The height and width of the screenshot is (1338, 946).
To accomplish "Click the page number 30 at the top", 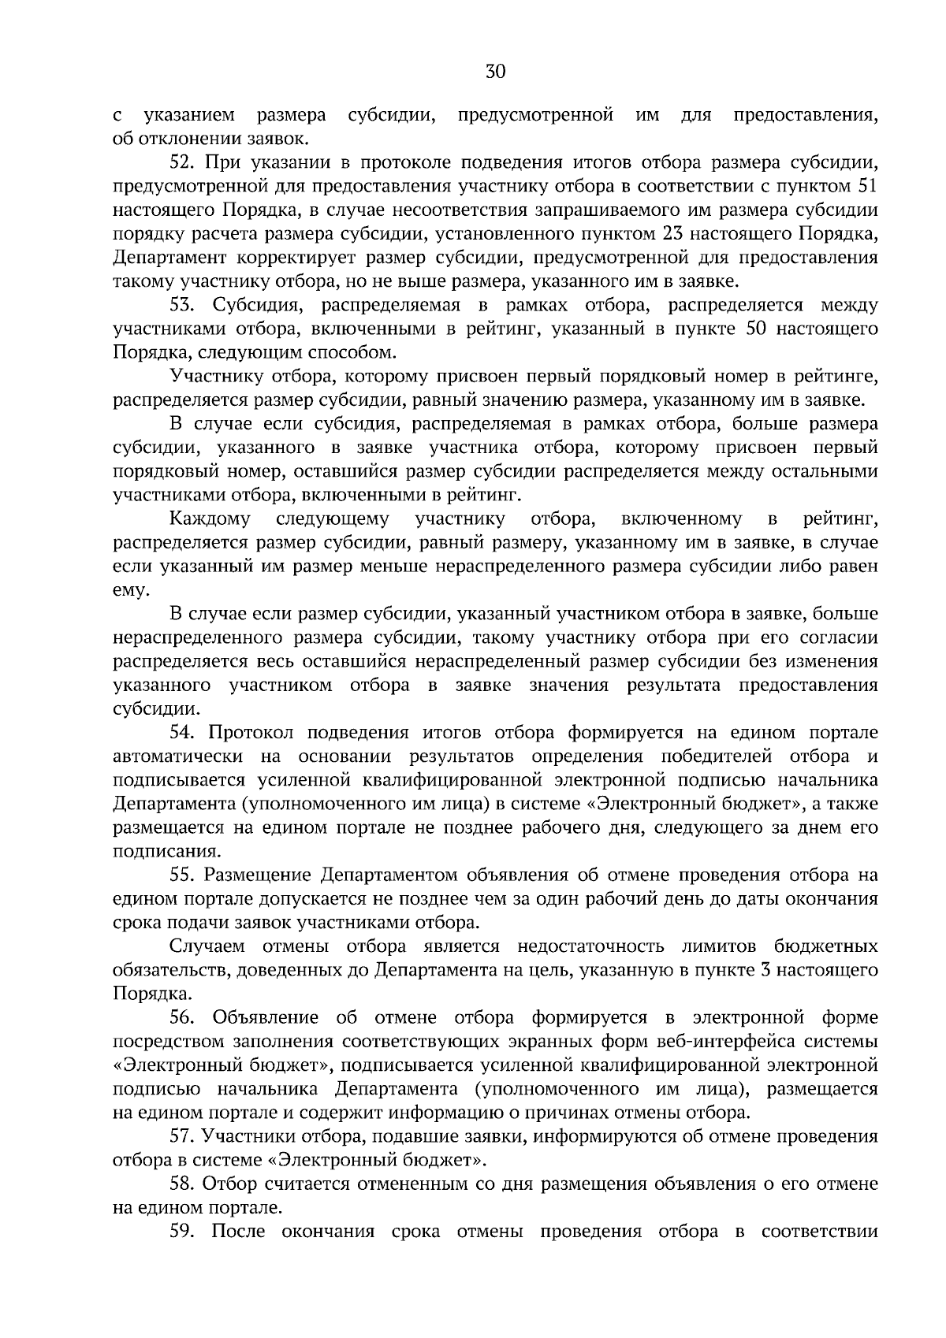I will tap(495, 72).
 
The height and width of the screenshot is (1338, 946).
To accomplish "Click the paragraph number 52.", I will tap(183, 163).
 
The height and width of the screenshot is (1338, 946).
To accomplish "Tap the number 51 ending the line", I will tap(866, 187).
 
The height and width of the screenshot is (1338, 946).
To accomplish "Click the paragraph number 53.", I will tap(183, 305).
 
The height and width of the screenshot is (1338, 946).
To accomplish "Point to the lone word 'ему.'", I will tap(129, 590).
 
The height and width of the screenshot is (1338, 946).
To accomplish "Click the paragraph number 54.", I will tap(183, 732).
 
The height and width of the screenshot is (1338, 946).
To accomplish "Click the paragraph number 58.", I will tap(183, 1184).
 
